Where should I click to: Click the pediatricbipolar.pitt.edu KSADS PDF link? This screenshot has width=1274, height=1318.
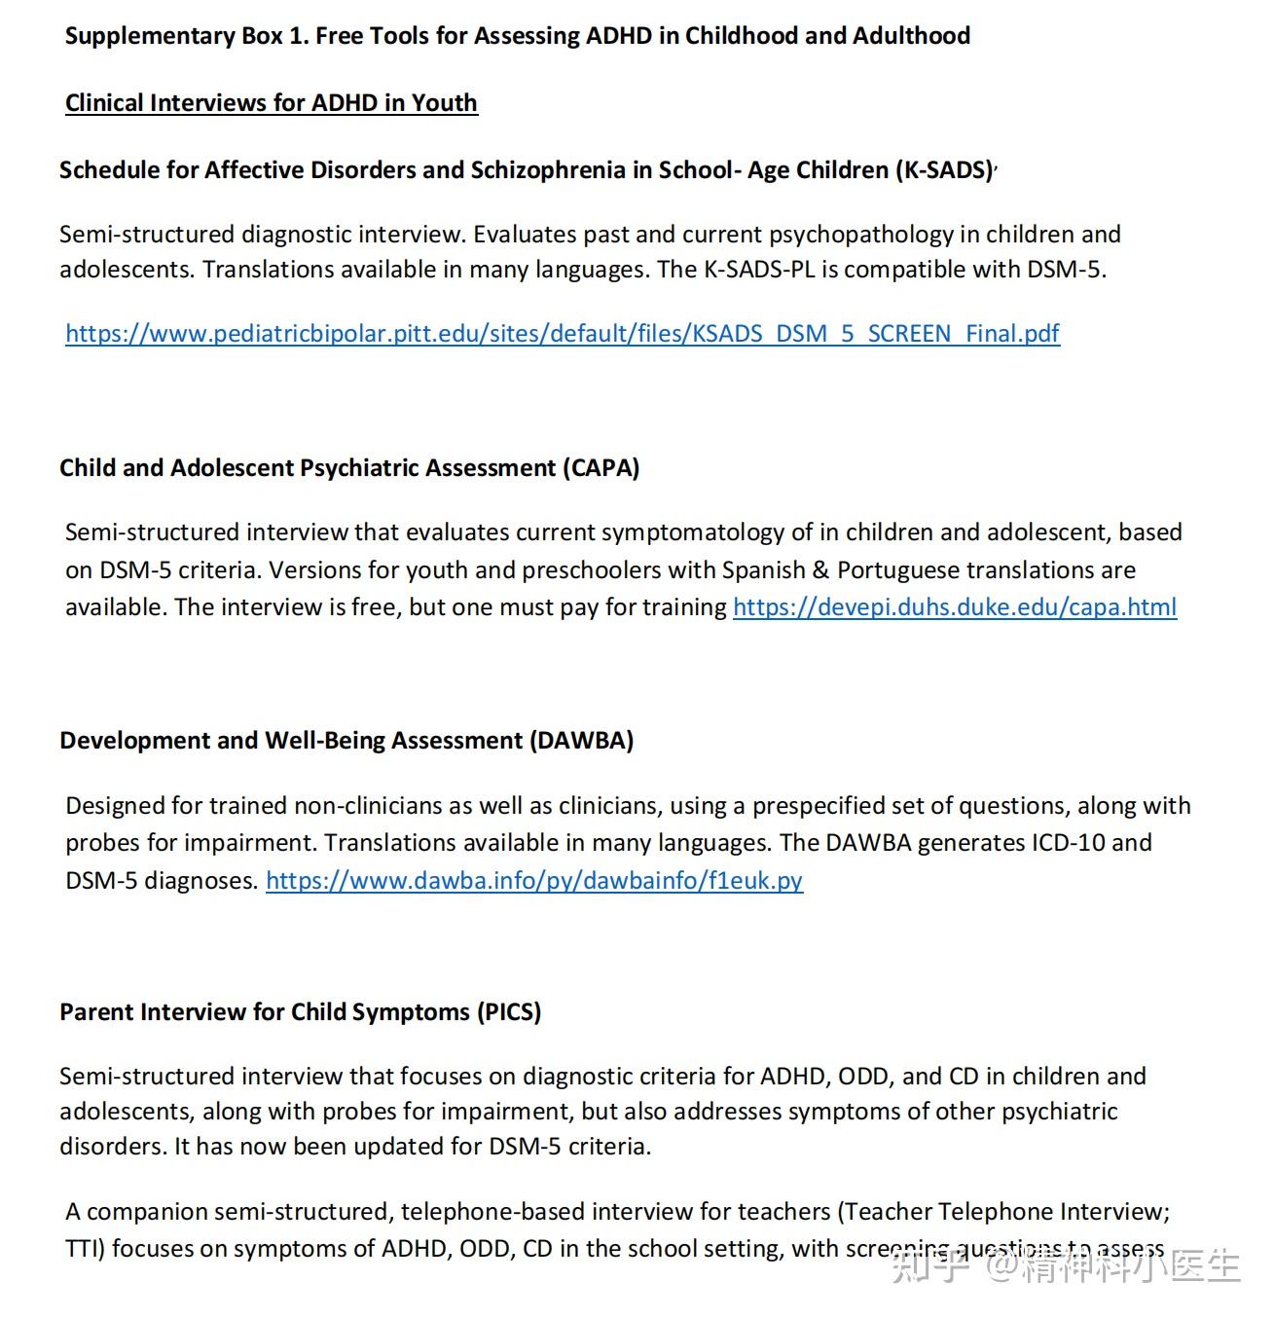(x=562, y=334)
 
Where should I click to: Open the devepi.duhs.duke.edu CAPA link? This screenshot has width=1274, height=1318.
(x=954, y=607)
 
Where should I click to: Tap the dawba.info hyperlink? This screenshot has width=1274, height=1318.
(x=533, y=881)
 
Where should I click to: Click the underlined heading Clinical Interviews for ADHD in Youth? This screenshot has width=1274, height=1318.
(x=271, y=103)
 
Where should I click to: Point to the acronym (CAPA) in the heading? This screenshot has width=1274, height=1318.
(x=601, y=468)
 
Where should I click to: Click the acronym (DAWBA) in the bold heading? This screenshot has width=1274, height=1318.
(x=581, y=741)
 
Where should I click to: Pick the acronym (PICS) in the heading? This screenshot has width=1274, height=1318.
(x=508, y=1012)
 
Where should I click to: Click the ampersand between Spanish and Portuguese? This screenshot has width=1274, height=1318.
(x=821, y=570)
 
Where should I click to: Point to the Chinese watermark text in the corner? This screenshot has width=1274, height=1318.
(x=1066, y=1265)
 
